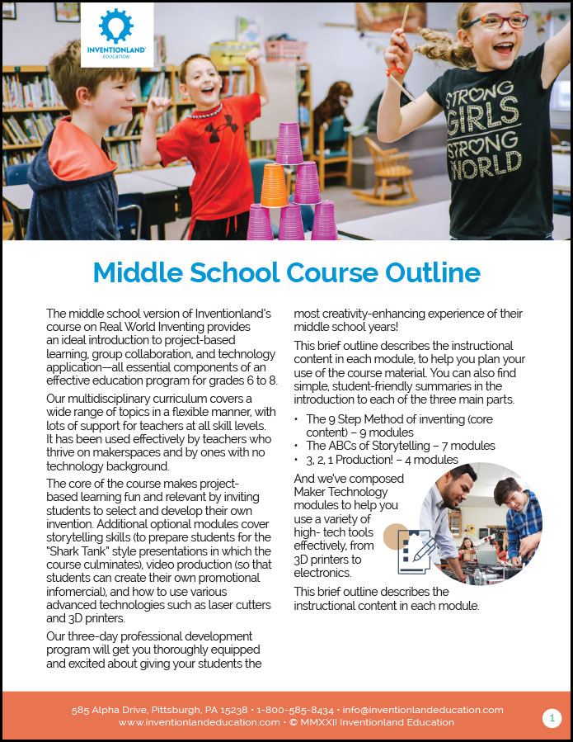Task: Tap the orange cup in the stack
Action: point(274,185)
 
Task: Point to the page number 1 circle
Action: point(552,717)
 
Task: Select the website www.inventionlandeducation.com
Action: point(199,722)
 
